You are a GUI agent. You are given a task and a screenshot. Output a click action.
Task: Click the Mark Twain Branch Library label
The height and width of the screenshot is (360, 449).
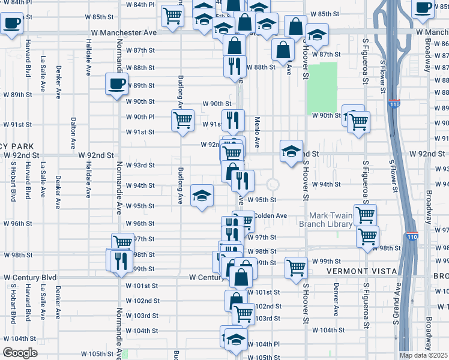click(331, 220)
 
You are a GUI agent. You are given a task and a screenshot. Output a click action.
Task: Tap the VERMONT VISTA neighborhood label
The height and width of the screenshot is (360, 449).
click(361, 271)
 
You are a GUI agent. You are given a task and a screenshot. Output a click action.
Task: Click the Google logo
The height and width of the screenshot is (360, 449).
click(20, 353)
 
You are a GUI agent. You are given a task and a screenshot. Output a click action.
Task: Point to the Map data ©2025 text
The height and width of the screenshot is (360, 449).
click(424, 355)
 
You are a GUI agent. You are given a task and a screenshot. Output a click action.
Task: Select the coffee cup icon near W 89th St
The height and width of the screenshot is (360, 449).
click(116, 83)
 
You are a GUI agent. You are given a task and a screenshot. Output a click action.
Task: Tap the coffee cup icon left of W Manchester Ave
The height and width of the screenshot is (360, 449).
click(11, 25)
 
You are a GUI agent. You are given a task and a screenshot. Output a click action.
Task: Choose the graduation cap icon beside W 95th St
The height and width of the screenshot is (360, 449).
click(202, 195)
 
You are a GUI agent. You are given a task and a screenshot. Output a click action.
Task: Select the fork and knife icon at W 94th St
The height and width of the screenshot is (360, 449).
click(243, 180)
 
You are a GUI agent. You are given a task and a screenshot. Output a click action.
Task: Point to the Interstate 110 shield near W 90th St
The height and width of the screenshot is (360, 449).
click(393, 104)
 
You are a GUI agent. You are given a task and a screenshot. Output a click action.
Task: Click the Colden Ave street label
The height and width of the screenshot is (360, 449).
click(271, 215)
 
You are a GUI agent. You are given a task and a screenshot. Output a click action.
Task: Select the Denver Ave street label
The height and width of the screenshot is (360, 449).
click(336, 303)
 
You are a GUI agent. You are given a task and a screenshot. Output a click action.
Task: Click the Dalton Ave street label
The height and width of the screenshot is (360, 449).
click(73, 130)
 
